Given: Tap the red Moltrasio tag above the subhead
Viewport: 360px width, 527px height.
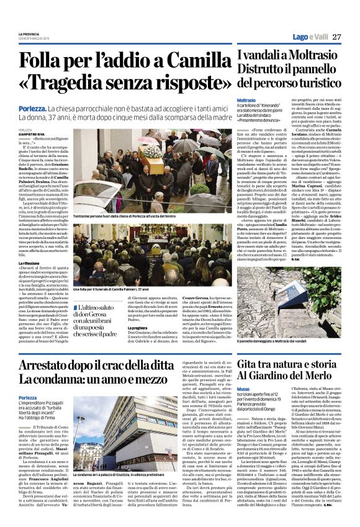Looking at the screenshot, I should click(x=246, y=99).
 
